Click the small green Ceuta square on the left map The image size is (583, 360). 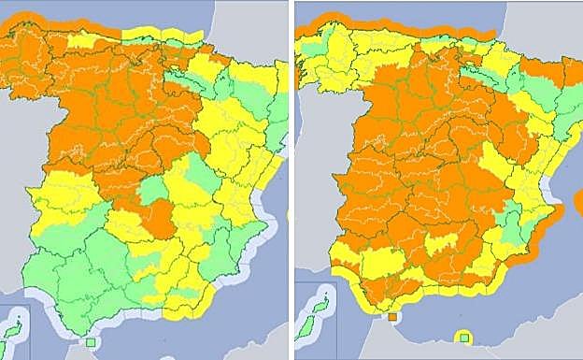click(x=90, y=343)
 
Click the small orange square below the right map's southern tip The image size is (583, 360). click(x=392, y=317)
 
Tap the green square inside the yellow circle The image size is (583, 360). click(x=462, y=338)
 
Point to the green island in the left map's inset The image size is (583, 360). click(x=13, y=330)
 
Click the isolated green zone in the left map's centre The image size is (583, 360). click(x=151, y=191)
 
